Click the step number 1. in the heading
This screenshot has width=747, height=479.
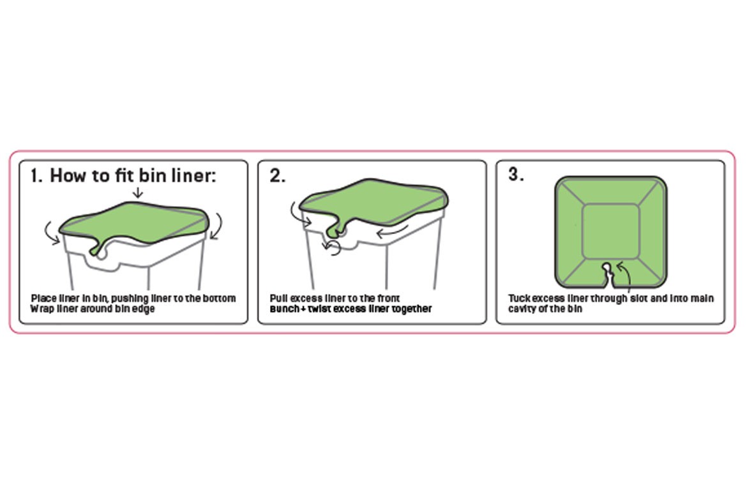pyautogui.click(x=37, y=176)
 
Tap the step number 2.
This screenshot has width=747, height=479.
pyautogui.click(x=277, y=176)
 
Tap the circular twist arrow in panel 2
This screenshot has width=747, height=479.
pyautogui.click(x=331, y=247)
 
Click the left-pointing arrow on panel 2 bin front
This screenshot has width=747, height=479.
pyautogui.click(x=390, y=232)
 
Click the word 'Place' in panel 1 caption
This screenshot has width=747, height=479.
pyautogui.click(x=42, y=298)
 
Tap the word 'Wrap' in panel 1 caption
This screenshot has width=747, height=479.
pyautogui.click(x=41, y=309)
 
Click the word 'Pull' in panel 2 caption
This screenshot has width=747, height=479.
pyautogui.click(x=278, y=298)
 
